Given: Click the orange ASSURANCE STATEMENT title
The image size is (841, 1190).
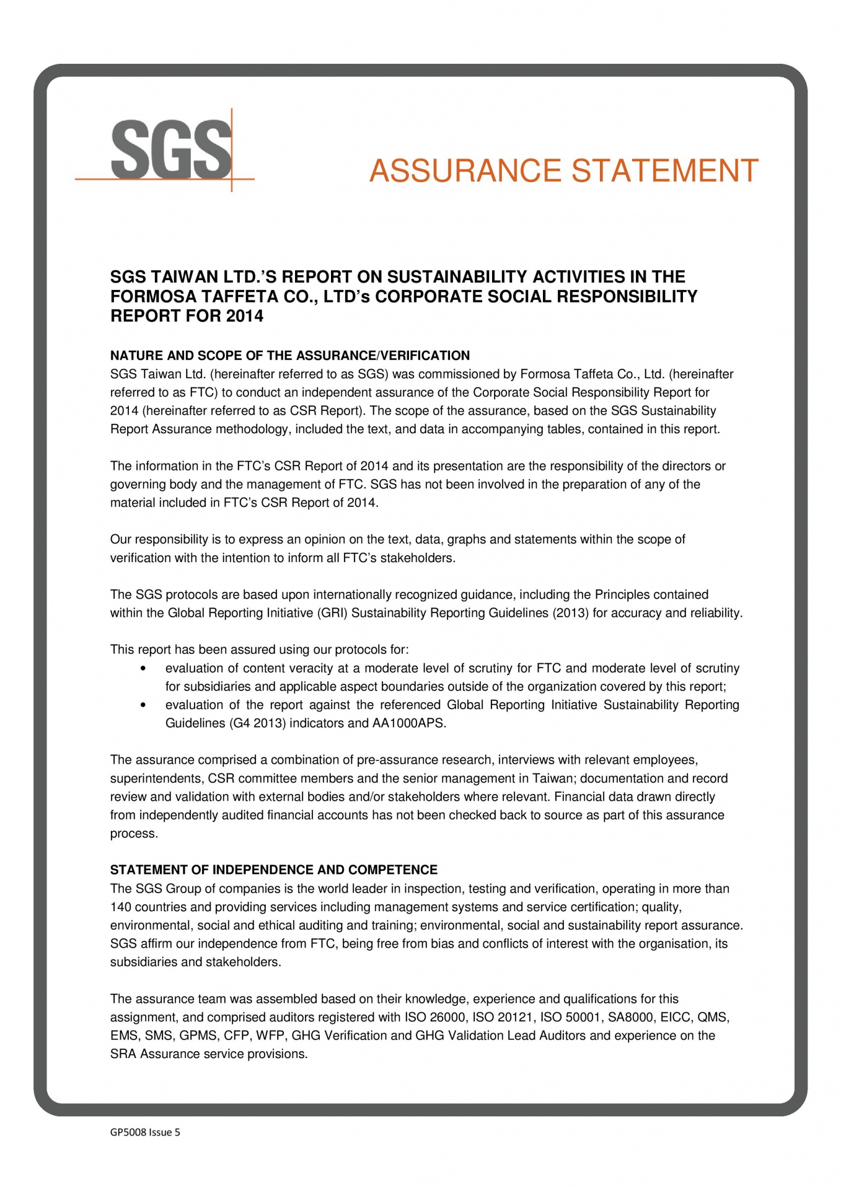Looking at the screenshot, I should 563,171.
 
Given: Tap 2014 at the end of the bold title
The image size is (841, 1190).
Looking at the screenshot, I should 244,316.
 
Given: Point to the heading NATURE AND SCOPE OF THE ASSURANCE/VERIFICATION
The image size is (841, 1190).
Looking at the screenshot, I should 289,356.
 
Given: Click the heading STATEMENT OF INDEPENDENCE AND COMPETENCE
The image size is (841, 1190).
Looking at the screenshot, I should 273,870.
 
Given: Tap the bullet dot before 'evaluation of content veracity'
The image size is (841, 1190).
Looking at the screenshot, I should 144,669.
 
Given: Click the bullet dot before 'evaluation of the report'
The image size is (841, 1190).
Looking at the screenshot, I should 144,705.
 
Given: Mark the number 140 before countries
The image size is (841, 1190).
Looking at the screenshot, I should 121,907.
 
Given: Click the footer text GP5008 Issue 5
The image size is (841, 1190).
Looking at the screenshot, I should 145,1132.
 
